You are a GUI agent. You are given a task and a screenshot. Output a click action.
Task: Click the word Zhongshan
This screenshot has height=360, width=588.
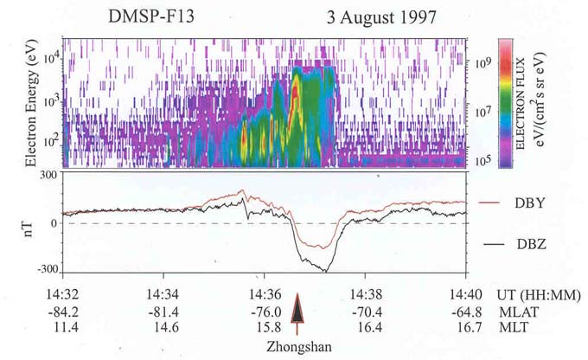click(297, 349)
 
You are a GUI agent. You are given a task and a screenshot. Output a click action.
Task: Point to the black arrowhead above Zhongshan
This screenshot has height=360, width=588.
click(297, 308)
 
